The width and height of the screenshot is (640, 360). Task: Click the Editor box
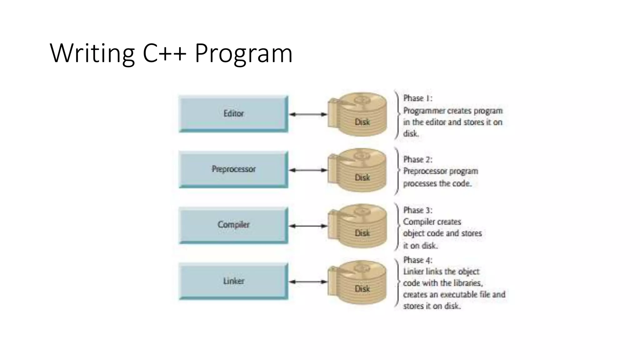click(233, 114)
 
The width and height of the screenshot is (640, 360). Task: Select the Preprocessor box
click(233, 169)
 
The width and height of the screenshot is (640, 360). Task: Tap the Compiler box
click(233, 225)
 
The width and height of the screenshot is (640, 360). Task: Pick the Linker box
click(233, 281)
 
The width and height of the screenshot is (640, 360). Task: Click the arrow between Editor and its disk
click(308, 114)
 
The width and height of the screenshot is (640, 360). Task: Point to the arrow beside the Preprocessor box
click(308, 170)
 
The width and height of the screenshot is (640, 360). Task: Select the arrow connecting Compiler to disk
click(308, 226)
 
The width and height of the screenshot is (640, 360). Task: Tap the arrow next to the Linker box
click(308, 282)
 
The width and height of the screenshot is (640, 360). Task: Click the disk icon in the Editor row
click(358, 114)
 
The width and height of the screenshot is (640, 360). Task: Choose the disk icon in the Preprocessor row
click(358, 170)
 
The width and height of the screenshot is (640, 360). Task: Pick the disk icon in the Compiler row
click(358, 226)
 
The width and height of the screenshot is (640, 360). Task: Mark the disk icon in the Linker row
click(358, 282)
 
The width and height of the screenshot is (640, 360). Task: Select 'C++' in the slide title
click(164, 53)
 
